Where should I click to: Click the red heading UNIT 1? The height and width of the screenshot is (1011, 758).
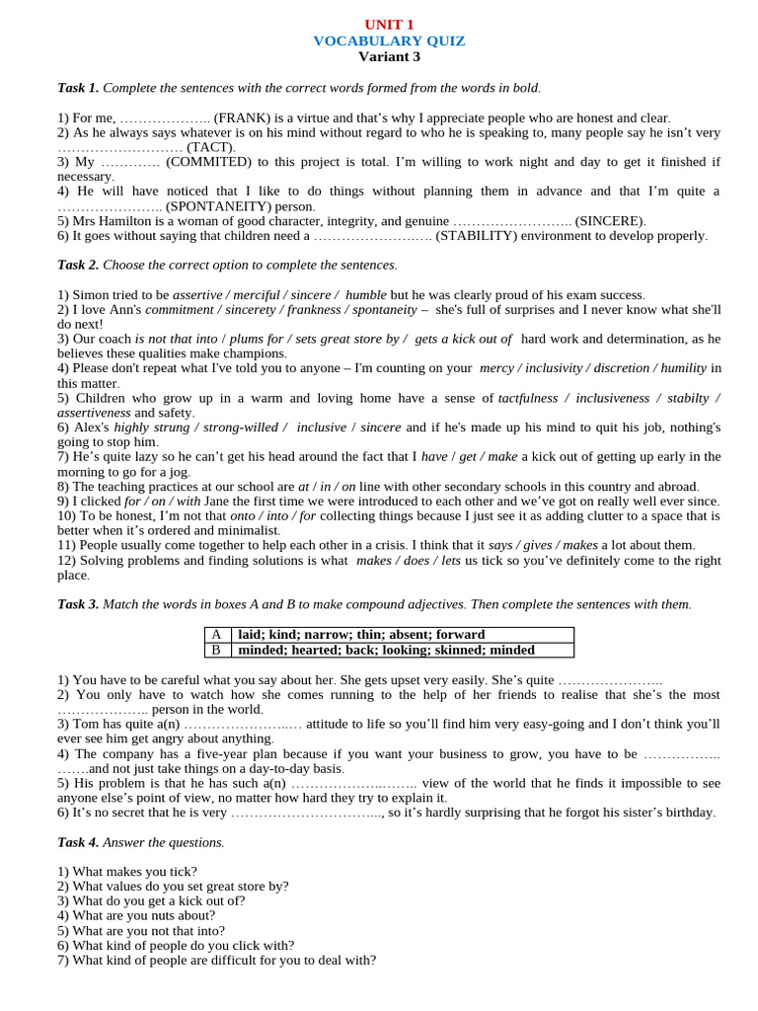click(389, 25)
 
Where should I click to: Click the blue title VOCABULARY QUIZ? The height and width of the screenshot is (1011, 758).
click(389, 40)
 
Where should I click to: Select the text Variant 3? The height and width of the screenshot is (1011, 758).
click(389, 56)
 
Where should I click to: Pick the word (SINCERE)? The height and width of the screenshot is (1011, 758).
click(611, 221)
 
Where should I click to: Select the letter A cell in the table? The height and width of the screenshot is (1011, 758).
click(216, 635)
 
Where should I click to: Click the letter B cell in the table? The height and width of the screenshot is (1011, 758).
click(216, 650)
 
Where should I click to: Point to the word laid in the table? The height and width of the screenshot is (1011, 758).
click(251, 635)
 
